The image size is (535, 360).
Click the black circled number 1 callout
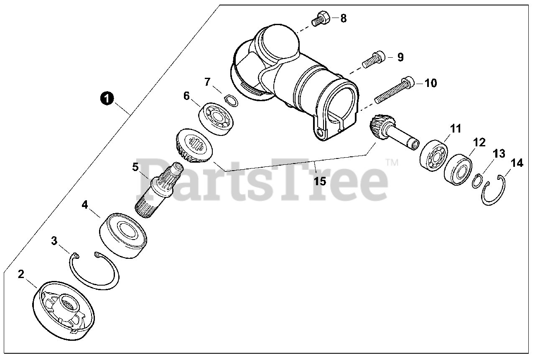[107, 98]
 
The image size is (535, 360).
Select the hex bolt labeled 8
[321, 19]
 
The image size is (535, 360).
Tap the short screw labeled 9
[374, 59]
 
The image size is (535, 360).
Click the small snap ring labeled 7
[231, 101]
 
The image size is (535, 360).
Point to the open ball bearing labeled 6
[216, 119]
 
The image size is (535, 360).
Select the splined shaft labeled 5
[160, 190]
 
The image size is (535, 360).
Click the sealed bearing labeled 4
[123, 235]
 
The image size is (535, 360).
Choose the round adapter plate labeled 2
[63, 311]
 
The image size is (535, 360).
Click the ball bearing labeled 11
[434, 156]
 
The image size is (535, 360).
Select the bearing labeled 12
[458, 170]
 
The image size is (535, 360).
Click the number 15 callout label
[320, 181]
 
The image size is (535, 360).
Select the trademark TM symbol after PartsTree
[392, 163]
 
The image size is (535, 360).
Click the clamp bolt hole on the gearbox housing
[320, 132]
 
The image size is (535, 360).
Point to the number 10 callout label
[431, 83]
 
